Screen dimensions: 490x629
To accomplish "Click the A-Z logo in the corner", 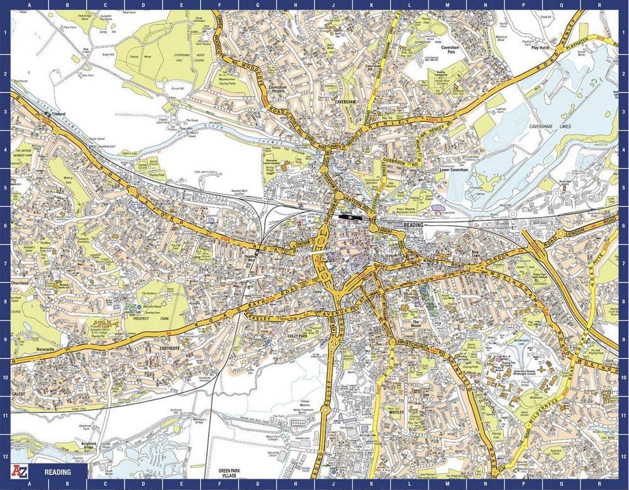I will click(x=21, y=472).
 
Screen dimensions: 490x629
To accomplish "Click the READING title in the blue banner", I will click(x=57, y=472).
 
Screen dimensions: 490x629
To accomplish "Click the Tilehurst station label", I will click(x=57, y=114).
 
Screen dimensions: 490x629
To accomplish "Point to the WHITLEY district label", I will click(x=396, y=412).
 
